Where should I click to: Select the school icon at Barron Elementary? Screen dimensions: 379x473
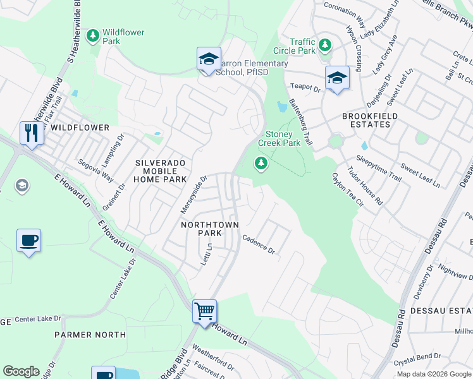tap(209, 59)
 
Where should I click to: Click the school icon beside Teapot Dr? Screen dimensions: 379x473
tap(337, 78)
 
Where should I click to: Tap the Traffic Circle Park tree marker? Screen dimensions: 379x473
tap(325, 45)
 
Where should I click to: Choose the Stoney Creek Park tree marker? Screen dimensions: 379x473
tap(261, 164)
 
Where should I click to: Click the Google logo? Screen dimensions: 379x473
tap(21, 371)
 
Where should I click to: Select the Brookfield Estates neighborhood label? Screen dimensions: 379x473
tap(366, 120)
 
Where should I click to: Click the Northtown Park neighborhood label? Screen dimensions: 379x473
tap(201, 229)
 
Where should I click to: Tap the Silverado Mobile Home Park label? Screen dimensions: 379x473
tap(161, 171)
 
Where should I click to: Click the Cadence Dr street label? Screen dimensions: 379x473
tap(259, 244)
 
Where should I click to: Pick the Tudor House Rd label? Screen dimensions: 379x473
tap(365, 186)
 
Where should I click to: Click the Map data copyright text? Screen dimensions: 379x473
tap(434, 374)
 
